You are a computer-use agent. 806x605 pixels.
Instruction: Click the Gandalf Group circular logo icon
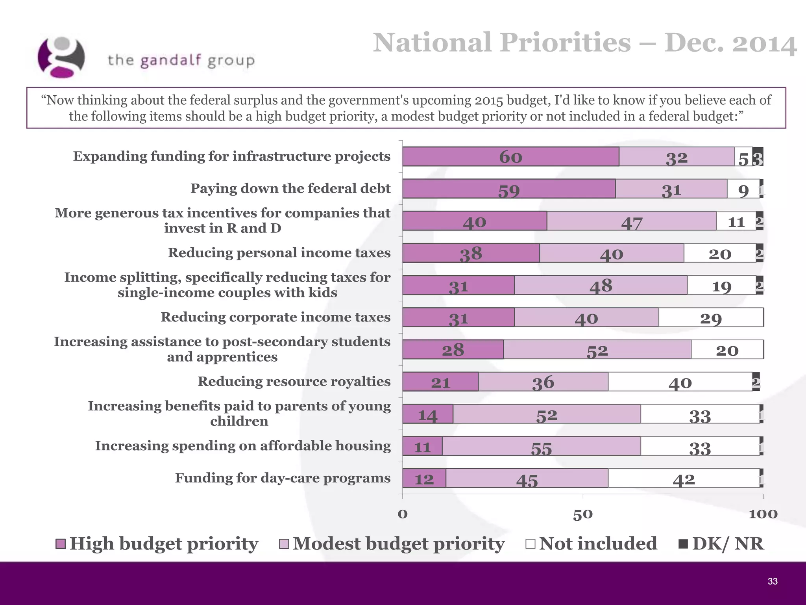tap(61, 58)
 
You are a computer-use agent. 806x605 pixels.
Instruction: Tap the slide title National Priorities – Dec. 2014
tap(584, 43)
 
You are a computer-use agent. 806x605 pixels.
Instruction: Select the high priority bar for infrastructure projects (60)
tap(510, 157)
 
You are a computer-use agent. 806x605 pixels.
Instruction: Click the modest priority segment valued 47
tap(631, 221)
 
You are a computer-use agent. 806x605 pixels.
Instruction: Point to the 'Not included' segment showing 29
tap(711, 317)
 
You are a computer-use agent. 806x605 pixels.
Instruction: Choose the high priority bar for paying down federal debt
tap(508, 189)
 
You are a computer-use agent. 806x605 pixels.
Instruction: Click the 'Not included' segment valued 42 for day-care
tap(684, 478)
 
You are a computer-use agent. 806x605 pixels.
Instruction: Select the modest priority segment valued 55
tap(541, 446)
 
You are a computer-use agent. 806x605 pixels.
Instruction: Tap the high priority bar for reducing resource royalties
tap(440, 382)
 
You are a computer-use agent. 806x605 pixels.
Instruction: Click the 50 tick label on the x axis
tap(582, 514)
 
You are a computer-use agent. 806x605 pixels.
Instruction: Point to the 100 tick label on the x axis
tap(763, 514)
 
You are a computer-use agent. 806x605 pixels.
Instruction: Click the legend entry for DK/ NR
tap(721, 544)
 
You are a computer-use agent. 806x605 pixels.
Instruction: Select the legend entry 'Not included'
tap(591, 544)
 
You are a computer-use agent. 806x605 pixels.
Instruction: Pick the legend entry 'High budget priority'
tap(157, 544)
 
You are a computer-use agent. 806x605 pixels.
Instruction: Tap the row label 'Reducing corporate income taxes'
tap(275, 317)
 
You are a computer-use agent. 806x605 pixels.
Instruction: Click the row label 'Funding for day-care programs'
tap(283, 478)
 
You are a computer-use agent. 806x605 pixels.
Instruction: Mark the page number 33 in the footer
tap(772, 581)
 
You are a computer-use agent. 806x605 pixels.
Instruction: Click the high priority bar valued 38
tap(471, 253)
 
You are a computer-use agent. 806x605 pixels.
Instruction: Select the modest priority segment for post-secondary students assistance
tap(597, 350)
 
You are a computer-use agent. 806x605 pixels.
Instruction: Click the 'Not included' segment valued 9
tap(743, 189)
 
